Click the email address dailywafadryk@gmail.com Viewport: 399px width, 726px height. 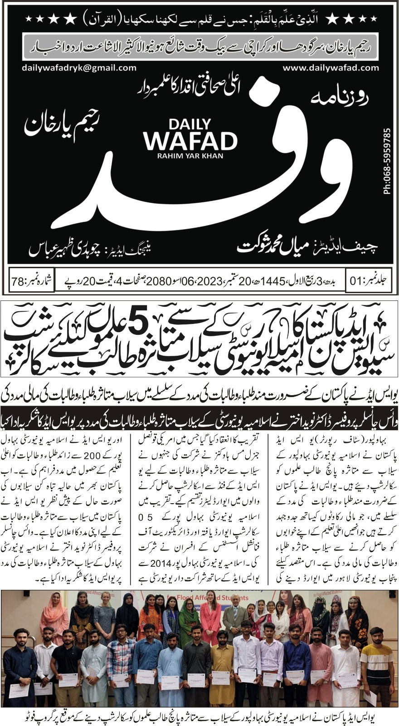[x=79, y=68]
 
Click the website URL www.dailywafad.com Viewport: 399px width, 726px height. [x=331, y=68]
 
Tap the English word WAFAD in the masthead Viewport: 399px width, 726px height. [x=190, y=141]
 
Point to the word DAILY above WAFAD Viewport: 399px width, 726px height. [x=190, y=124]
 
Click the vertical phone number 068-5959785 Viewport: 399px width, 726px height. [x=387, y=161]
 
